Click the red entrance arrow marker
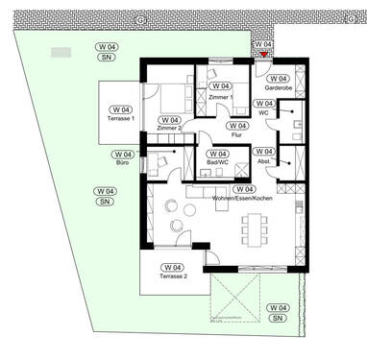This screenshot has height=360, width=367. [264, 56]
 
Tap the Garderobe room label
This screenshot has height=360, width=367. [279, 87]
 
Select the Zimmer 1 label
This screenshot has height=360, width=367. [220, 96]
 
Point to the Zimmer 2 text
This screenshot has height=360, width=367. [170, 129]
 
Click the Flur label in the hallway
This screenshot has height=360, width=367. [236, 136]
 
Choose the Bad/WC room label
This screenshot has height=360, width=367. [217, 164]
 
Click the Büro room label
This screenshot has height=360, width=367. [122, 164]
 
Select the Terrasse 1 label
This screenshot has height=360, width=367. [119, 117]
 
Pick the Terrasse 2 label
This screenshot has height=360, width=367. [174, 276]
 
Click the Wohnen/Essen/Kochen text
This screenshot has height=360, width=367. [244, 199]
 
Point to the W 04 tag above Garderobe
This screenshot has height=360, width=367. [278, 78]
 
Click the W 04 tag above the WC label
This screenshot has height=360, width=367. [264, 104]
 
